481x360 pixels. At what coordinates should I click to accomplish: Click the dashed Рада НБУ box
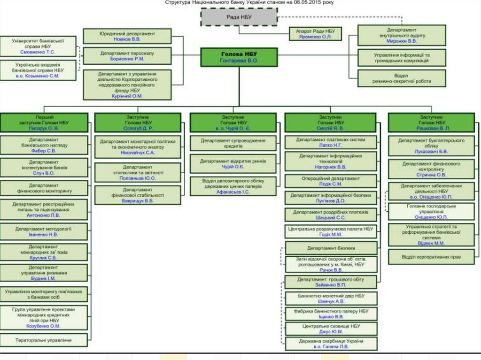pyautogui.click(x=239, y=17)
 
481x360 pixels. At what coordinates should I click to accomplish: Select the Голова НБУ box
pyautogui.click(x=239, y=57)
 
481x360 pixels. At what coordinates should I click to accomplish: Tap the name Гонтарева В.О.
pyautogui.click(x=239, y=61)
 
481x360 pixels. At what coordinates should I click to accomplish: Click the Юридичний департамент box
pyautogui.click(x=127, y=36)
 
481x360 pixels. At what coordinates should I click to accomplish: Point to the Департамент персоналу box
pyautogui.click(x=127, y=56)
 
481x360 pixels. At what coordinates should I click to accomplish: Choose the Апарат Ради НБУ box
pyautogui.click(x=315, y=33)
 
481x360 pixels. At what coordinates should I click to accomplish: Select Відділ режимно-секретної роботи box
pyautogui.click(x=401, y=78)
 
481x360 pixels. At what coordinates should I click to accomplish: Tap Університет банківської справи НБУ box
pyautogui.click(x=38, y=46)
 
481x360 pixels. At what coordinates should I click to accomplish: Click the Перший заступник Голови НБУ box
pyautogui.click(x=44, y=122)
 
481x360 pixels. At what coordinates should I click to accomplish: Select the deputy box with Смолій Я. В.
pyautogui.click(x=331, y=122)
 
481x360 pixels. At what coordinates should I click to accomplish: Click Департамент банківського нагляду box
pyautogui.click(x=44, y=145)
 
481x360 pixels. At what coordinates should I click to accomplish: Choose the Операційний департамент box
pyautogui.click(x=331, y=181)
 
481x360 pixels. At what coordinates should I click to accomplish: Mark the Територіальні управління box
pyautogui.click(x=44, y=340)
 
